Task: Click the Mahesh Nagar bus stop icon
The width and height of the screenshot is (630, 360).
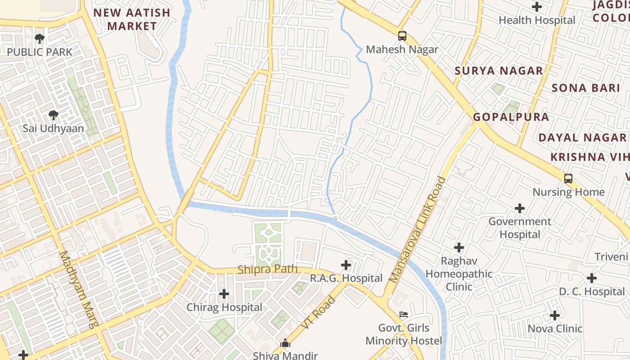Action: coord(402,36)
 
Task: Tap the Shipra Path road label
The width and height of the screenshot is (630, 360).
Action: coord(267,270)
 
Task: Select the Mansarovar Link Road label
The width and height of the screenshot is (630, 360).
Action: coord(418,229)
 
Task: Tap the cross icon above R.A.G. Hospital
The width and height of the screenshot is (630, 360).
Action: coord(346,265)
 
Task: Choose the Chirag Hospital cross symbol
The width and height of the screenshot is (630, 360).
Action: coord(224,294)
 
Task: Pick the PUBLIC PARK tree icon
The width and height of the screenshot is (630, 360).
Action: coord(40,39)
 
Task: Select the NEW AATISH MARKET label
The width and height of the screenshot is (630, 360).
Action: coord(132,19)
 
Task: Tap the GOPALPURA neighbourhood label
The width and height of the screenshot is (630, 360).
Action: coord(511,117)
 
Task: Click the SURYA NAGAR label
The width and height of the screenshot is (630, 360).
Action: coord(499,71)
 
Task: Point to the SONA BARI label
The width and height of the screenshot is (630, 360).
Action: coord(586,88)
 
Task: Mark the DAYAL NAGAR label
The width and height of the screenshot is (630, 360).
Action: coord(582,138)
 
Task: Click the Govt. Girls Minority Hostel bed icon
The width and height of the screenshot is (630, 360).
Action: coord(404,314)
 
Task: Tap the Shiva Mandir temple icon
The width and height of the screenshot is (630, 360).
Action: coord(285,343)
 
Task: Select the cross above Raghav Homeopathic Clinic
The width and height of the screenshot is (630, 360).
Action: coord(459,247)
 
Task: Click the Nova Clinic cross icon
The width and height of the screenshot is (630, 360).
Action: coord(554,315)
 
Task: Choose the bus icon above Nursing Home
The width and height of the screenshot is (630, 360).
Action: coord(568,178)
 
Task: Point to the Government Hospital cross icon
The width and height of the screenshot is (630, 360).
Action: coord(520,208)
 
